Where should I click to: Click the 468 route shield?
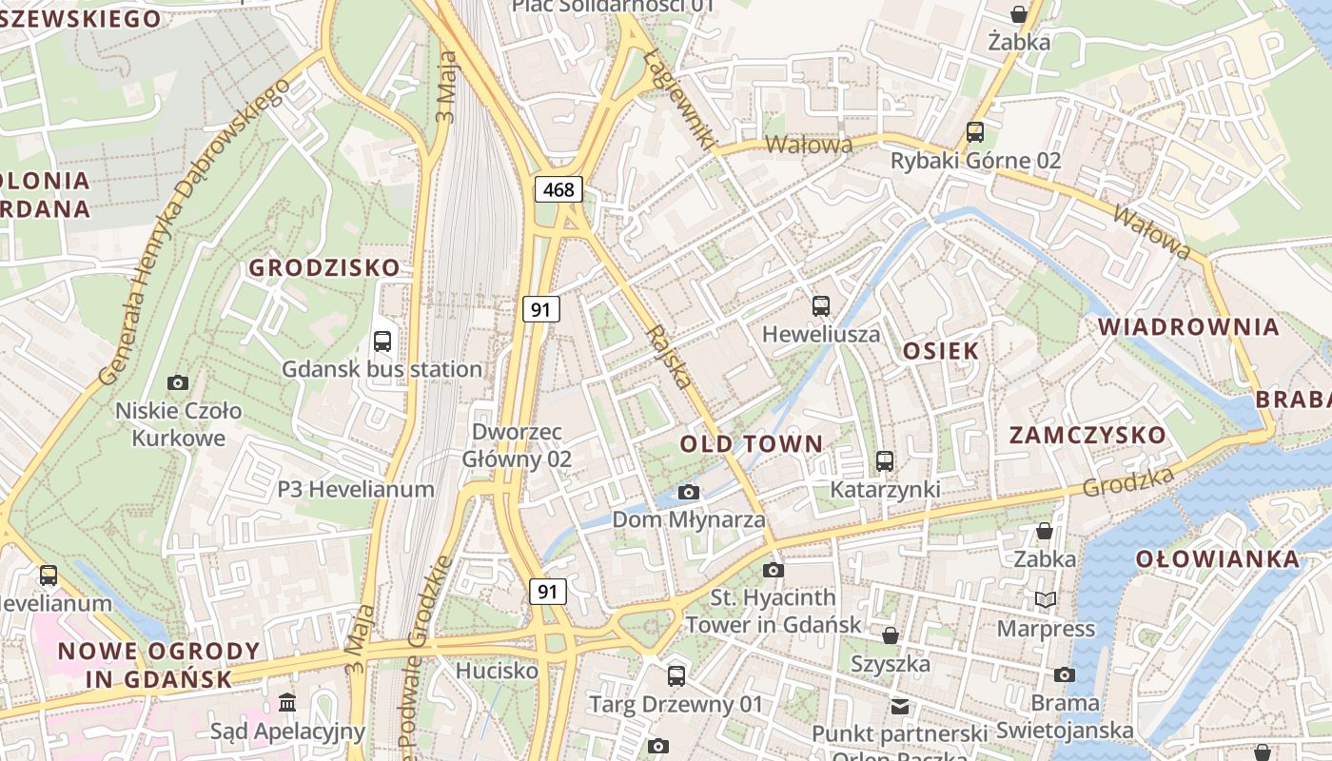tap(558, 189)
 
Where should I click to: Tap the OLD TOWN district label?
tap(751, 443)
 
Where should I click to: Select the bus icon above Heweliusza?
tap(821, 306)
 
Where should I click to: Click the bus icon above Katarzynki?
tap(885, 461)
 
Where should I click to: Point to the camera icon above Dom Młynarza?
tap(689, 492)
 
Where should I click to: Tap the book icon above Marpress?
tap(1045, 599)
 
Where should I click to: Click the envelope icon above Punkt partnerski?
tap(899, 706)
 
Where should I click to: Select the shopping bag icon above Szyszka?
tap(891, 634)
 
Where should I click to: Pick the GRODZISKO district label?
tap(324, 268)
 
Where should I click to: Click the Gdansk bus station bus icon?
tap(382, 341)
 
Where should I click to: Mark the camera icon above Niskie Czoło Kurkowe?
tap(178, 382)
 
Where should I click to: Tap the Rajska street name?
tap(669, 357)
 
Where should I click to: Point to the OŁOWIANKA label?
tap(1217, 558)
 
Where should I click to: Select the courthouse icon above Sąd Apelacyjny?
tap(287, 703)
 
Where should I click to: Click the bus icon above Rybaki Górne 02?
tap(975, 132)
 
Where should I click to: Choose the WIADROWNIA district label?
tap(1188, 327)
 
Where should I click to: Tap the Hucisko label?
tap(497, 671)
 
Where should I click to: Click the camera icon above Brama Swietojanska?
tap(1065, 674)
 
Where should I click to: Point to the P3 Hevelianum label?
tap(356, 490)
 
